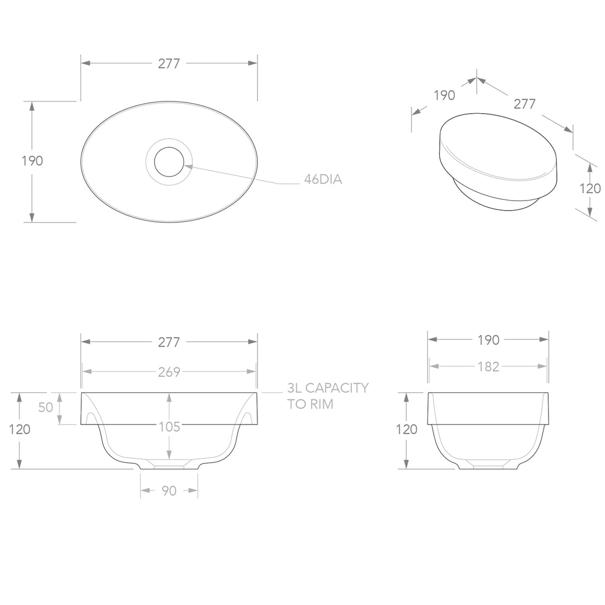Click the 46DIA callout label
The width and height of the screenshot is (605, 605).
tap(323, 180)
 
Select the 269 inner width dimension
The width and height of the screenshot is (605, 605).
tap(169, 371)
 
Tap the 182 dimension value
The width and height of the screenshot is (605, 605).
tap(488, 367)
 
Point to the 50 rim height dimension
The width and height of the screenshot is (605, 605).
tap(46, 407)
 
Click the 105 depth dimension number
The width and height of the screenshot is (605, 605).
tap(169, 427)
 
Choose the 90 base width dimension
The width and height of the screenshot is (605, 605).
tap(169, 491)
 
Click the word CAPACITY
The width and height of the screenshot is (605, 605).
tap(338, 388)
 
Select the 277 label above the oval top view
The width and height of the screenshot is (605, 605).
tap(169, 64)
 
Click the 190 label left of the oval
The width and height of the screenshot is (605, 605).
tap(32, 161)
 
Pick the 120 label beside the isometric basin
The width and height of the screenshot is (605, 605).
tap(589, 189)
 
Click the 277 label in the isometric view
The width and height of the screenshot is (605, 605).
tap(525, 104)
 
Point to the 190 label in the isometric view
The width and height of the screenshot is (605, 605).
tap(444, 95)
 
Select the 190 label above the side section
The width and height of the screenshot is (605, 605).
tap(488, 339)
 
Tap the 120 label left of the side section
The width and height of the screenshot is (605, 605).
tap(407, 430)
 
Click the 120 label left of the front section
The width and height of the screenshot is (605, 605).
tap(20, 430)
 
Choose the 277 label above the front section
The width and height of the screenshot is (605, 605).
tap(169, 342)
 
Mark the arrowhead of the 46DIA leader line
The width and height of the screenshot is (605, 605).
tap(187, 166)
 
